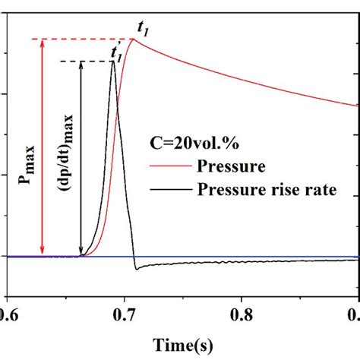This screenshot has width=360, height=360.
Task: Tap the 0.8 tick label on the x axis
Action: [242, 312]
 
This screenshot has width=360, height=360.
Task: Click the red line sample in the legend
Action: [172, 165]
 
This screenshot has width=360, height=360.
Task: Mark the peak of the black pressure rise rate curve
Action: [113, 62]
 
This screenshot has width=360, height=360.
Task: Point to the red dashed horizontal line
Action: [84, 38]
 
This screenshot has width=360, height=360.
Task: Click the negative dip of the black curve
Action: [135, 269]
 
